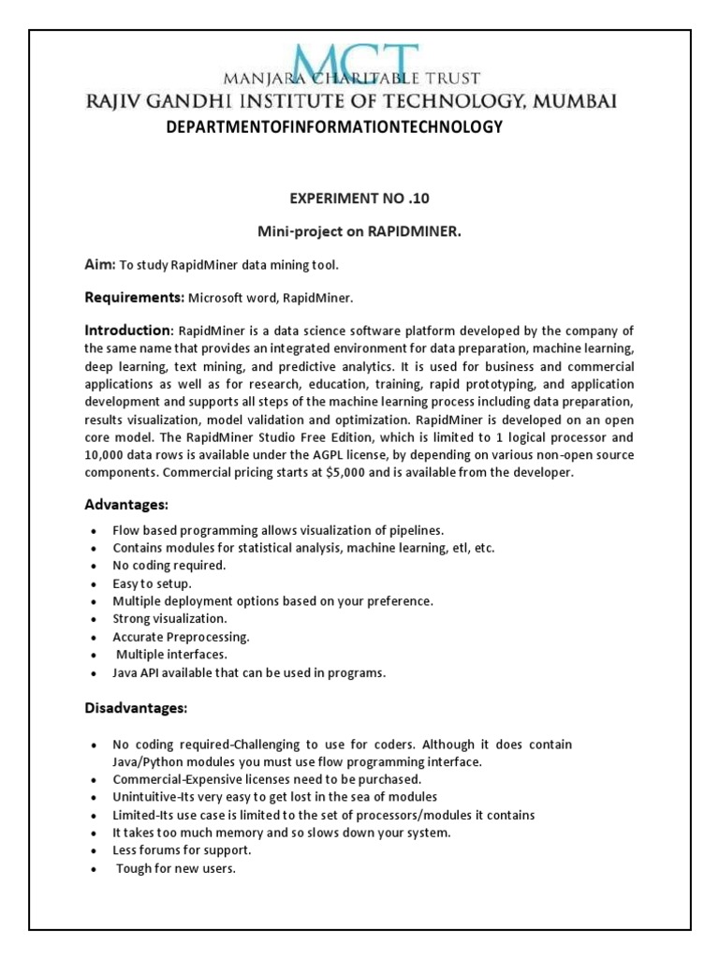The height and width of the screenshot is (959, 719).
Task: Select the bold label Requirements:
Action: click(135, 297)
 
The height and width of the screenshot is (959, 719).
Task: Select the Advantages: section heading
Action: click(126, 505)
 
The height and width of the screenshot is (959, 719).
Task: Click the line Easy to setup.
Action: click(152, 583)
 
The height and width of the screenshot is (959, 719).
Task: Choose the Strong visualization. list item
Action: click(169, 619)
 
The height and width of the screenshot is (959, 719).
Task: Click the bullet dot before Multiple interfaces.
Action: click(92, 656)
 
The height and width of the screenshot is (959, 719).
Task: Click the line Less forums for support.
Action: click(182, 850)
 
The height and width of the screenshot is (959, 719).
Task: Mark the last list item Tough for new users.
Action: click(176, 868)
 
